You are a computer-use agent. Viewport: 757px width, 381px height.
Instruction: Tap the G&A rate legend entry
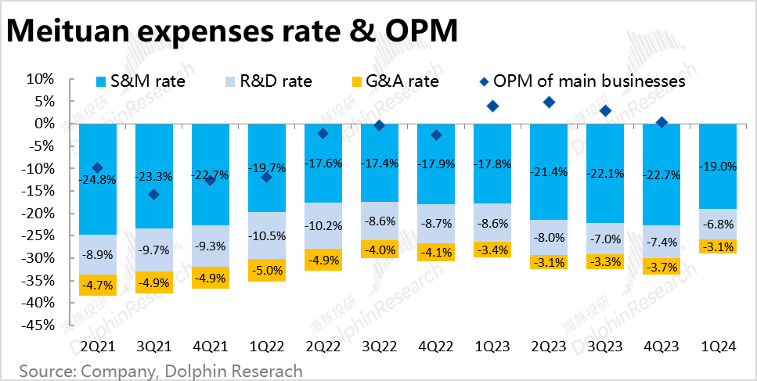pyautogui.click(x=395, y=81)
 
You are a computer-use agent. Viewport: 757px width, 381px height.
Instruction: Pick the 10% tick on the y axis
pyautogui.click(x=40, y=79)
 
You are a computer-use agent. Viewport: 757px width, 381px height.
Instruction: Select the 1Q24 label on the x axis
pyautogui.click(x=718, y=345)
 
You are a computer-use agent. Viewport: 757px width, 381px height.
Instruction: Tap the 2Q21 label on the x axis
pyautogui.click(x=97, y=345)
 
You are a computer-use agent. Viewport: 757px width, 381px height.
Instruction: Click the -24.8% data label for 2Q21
pyautogui.click(x=97, y=179)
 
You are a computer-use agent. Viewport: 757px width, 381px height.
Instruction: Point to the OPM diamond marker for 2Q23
pyautogui.click(x=549, y=102)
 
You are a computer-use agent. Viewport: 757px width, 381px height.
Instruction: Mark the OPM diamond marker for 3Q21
pyautogui.click(x=153, y=194)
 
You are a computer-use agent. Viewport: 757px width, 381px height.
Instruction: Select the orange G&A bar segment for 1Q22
pyautogui.click(x=267, y=270)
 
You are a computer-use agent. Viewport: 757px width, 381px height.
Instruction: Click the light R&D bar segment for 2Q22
pyautogui.click(x=323, y=225)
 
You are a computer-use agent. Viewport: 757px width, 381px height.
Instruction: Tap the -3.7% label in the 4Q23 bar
pyautogui.click(x=661, y=267)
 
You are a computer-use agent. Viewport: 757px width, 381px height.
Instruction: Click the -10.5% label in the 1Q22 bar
pyautogui.click(x=267, y=236)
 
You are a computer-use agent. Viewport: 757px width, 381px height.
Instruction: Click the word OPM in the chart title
pyautogui.click(x=420, y=31)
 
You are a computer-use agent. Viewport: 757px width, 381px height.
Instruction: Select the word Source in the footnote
pyautogui.click(x=44, y=370)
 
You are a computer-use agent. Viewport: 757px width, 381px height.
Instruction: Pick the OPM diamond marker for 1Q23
pyautogui.click(x=492, y=106)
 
